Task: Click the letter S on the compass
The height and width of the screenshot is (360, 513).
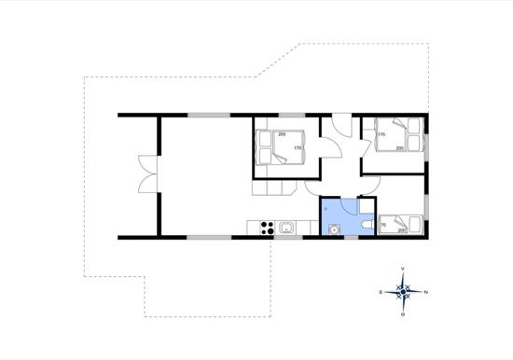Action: pos(381,292)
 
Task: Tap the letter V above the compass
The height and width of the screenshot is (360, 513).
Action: pos(403,270)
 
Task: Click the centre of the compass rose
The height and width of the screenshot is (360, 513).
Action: pos(403,292)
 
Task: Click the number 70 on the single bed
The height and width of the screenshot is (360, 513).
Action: pos(384,225)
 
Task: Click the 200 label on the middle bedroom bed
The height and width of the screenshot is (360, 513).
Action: pos(282,134)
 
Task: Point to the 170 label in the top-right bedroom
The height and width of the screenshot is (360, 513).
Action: pos(381,134)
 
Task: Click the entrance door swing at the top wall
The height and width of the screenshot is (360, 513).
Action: pos(342,128)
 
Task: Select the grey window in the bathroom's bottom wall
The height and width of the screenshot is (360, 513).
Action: pos(350,238)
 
